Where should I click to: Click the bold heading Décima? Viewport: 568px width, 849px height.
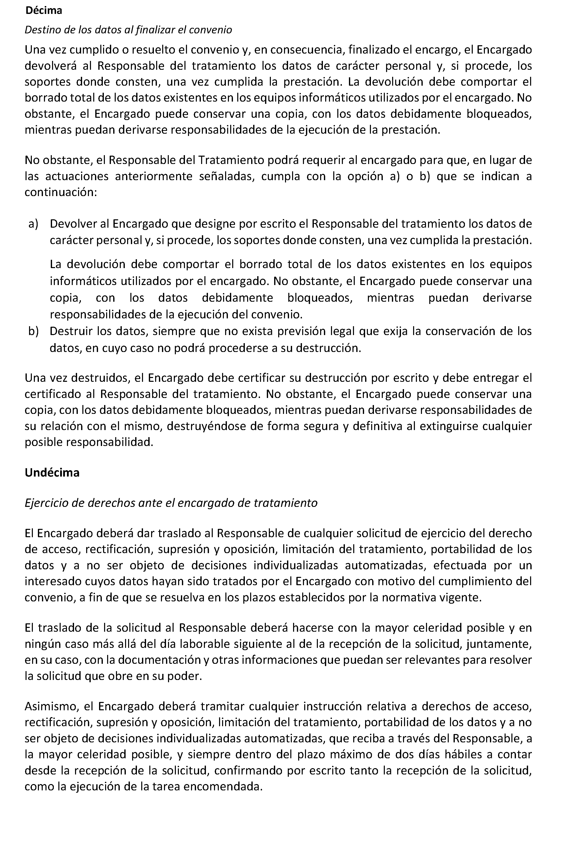tap(43, 11)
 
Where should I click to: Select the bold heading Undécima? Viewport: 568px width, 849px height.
tap(52, 473)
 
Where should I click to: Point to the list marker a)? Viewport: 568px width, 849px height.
tap(33, 224)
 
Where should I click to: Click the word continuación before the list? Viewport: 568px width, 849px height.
tap(60, 192)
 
